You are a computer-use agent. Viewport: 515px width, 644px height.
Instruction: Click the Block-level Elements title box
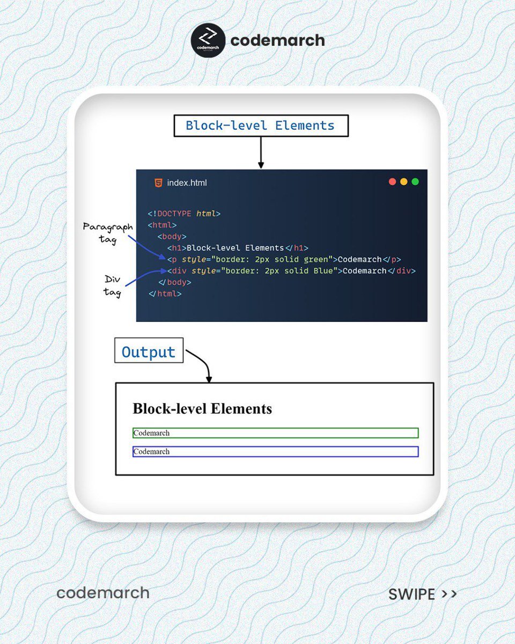click(x=261, y=126)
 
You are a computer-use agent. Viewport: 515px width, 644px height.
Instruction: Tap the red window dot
click(x=393, y=182)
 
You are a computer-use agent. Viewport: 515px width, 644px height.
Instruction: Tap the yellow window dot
click(x=404, y=182)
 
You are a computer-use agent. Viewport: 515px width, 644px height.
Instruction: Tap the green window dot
click(x=415, y=182)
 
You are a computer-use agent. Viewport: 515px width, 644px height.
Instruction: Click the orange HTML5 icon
click(x=158, y=182)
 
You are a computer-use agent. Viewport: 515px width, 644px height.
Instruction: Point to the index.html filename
click(x=187, y=183)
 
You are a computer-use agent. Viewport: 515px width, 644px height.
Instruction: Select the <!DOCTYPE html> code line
click(x=184, y=214)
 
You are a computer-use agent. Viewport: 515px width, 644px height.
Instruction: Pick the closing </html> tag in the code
click(x=165, y=294)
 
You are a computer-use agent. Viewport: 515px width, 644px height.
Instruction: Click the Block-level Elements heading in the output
click(x=202, y=408)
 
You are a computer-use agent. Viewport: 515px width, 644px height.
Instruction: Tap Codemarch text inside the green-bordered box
click(x=151, y=433)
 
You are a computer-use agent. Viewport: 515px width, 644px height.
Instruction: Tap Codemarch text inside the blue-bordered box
click(x=151, y=452)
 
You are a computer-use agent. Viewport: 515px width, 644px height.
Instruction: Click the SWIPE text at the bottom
click(x=411, y=594)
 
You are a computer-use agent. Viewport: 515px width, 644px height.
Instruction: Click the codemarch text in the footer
click(x=103, y=592)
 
